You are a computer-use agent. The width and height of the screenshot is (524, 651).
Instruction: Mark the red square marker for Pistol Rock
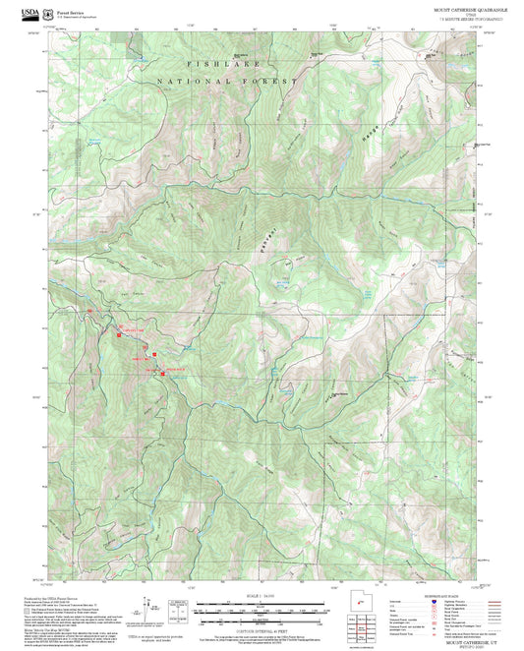163,371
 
